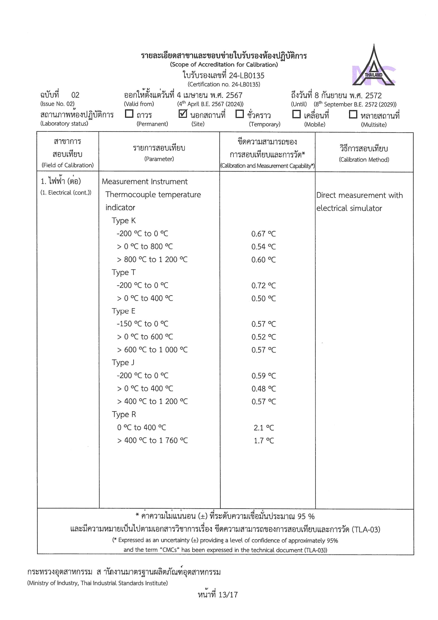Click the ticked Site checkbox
183,114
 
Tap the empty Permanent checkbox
129,114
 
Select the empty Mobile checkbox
296,114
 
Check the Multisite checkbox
353,114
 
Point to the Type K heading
124,221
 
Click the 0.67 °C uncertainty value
264,234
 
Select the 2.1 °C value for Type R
264,428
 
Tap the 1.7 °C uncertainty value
264,440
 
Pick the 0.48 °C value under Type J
264,389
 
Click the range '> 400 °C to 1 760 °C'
152,440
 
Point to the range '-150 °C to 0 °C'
142,324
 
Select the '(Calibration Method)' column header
364,160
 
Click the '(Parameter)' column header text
159,159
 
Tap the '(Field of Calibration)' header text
67,165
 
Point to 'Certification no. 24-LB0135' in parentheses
224,84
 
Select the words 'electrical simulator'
349,208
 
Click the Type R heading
124,414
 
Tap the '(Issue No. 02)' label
57,104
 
